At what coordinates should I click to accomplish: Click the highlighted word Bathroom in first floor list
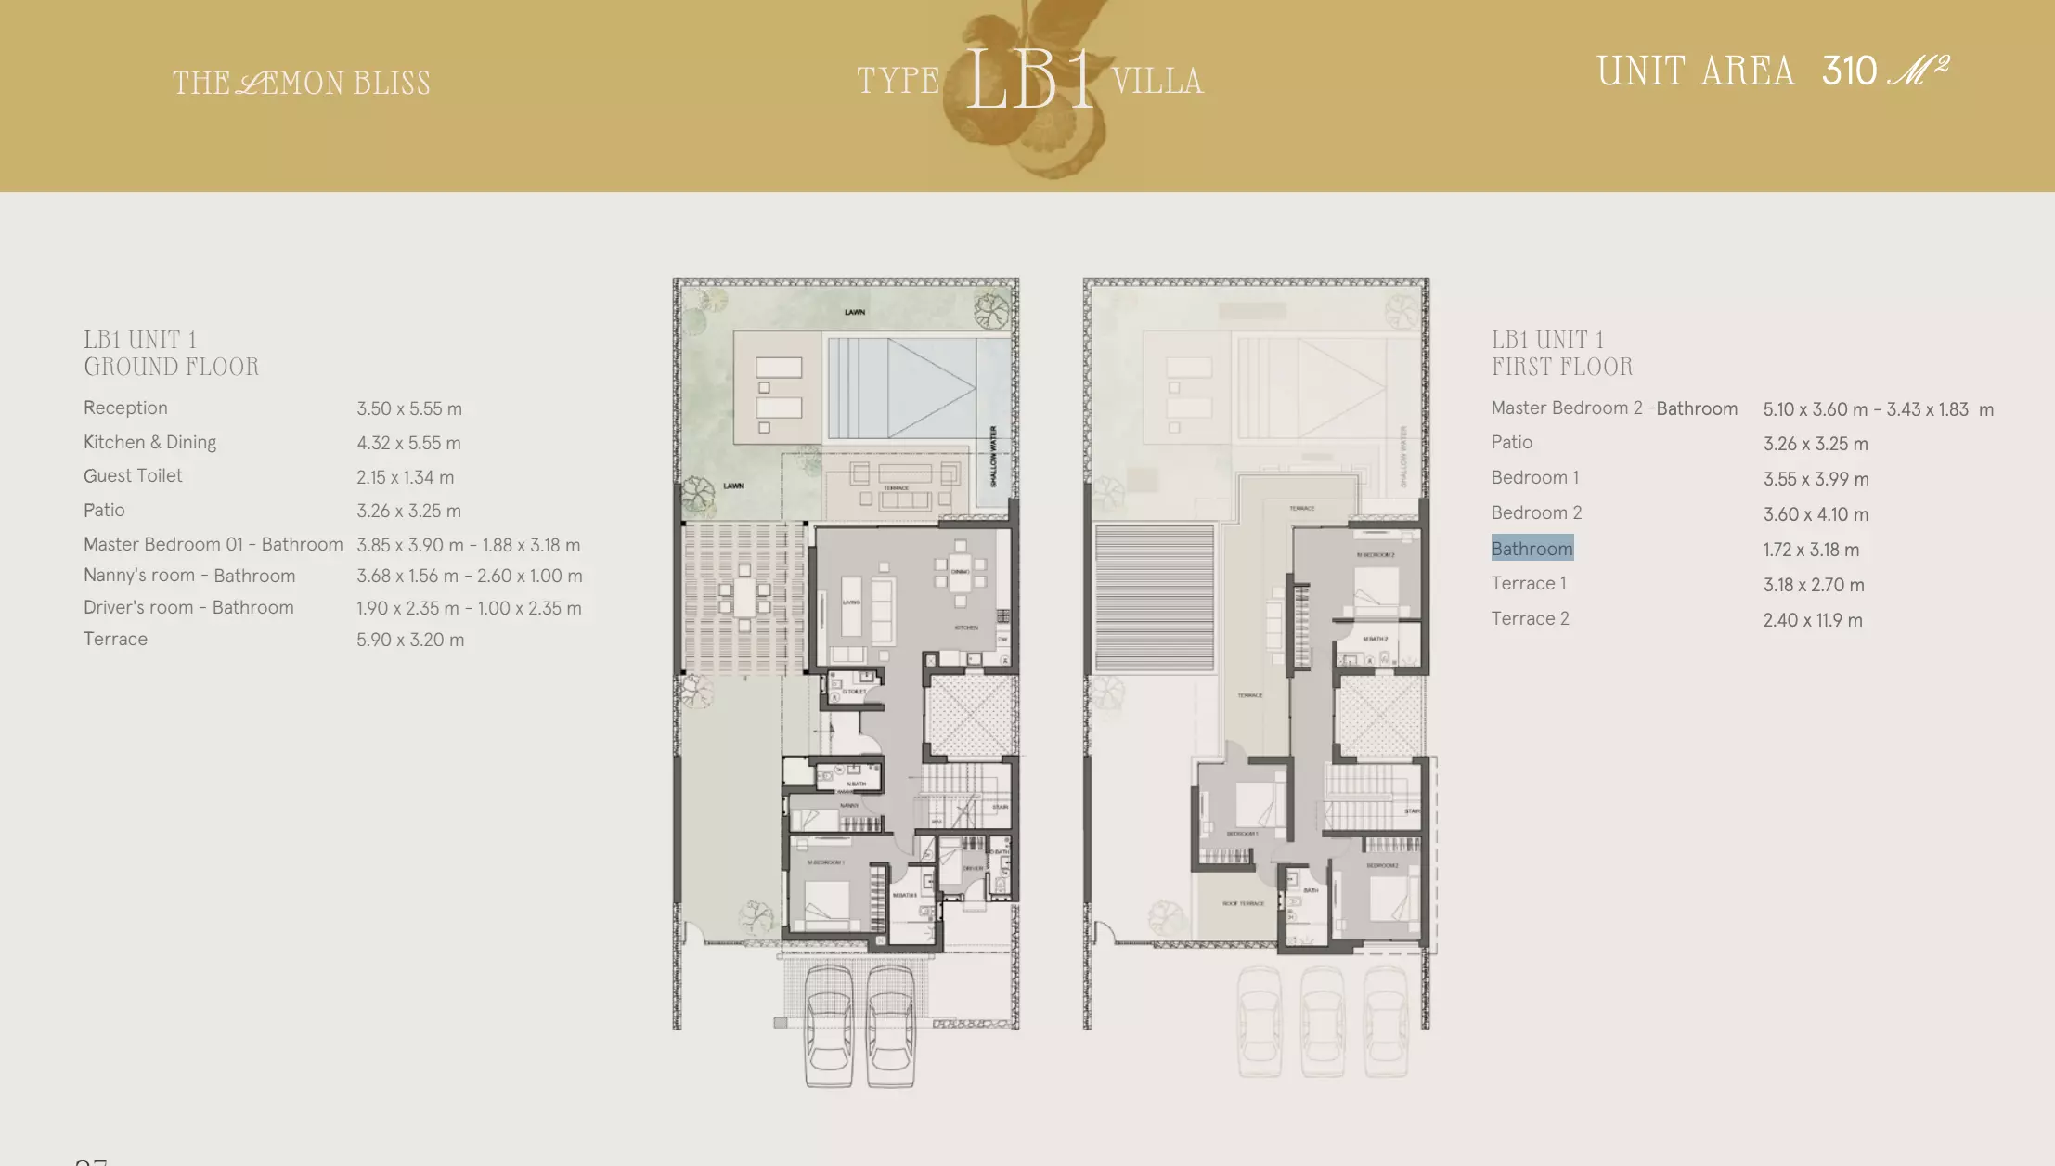tap(1532, 549)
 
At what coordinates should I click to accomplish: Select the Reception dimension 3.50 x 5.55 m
tap(409, 408)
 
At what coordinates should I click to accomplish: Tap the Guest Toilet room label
tap(133, 475)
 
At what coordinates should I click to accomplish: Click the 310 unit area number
tap(1849, 71)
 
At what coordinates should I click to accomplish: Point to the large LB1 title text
tap(1028, 82)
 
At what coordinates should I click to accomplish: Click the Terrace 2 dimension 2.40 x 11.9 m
tap(1812, 620)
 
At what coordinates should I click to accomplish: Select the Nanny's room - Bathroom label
tap(189, 576)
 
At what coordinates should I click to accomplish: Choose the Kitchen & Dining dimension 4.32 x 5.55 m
tap(408, 443)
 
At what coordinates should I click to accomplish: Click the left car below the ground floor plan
tap(828, 1025)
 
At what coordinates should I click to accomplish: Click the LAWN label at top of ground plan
tap(855, 312)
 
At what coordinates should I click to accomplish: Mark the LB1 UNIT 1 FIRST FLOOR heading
tap(1561, 353)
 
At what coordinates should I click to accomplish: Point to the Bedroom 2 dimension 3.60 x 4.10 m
tap(1816, 514)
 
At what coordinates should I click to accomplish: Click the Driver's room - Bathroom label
tap(188, 607)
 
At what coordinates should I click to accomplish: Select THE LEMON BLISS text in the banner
tap(302, 84)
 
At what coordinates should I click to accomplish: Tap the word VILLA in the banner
tap(1157, 82)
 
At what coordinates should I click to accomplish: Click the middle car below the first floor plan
tap(1323, 1021)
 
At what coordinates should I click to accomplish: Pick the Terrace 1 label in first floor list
tap(1528, 583)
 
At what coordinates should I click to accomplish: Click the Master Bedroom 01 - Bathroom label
tap(213, 544)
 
